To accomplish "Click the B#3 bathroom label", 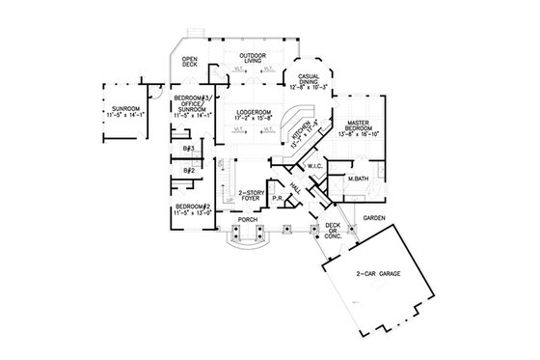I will point(190,149).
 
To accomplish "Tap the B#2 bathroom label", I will point(190,171).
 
